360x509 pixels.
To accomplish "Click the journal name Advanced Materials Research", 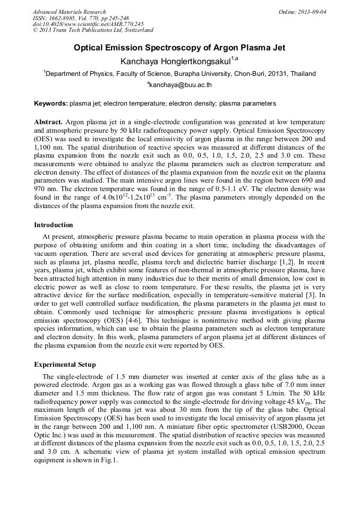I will (69, 12).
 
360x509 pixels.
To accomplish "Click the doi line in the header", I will (88, 24).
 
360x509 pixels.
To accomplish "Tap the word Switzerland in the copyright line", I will (136, 30).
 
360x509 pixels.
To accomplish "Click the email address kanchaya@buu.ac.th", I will (181, 84).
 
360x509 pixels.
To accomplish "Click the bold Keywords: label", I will (50, 103).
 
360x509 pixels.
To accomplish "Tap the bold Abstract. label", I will (48, 122).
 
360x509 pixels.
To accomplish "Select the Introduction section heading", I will (54, 225).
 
